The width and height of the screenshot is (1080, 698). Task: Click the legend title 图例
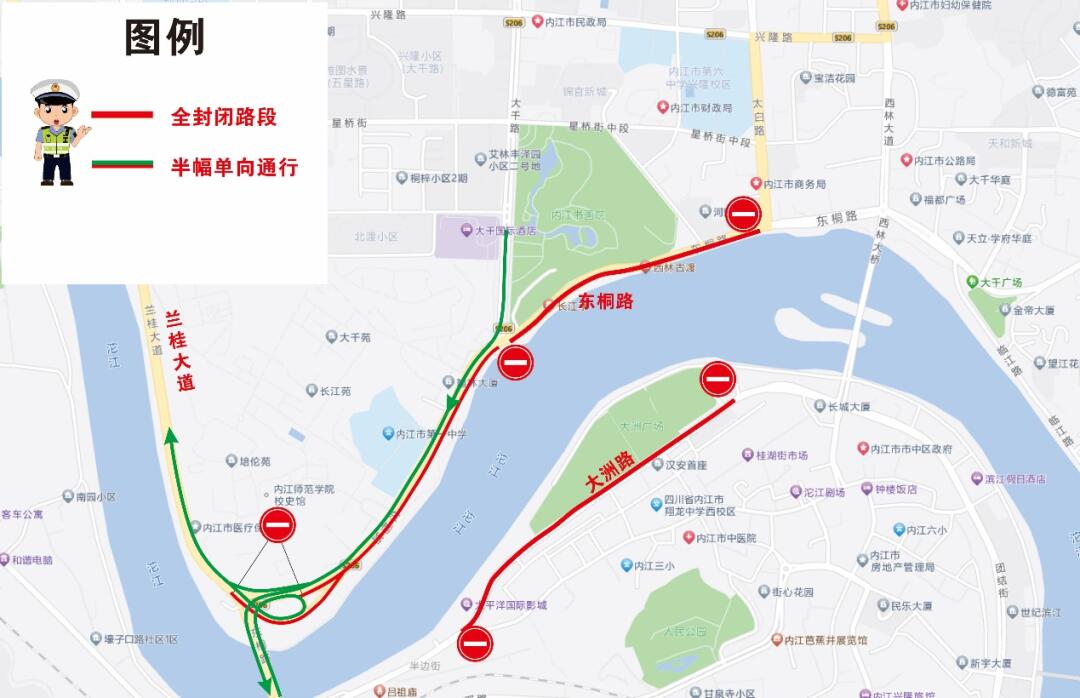tap(164, 38)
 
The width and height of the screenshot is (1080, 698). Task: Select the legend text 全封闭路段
tap(223, 117)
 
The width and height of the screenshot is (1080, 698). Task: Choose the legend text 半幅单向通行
tap(234, 167)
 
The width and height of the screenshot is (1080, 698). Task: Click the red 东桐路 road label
tap(606, 300)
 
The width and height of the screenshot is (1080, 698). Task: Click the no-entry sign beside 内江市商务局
tap(744, 213)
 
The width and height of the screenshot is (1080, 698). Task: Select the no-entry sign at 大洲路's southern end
tap(475, 642)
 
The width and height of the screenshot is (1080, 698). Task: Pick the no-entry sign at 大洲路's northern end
tap(718, 378)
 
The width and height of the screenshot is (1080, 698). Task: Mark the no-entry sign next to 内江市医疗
tap(278, 525)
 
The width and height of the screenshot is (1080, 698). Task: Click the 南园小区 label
tap(88, 496)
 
